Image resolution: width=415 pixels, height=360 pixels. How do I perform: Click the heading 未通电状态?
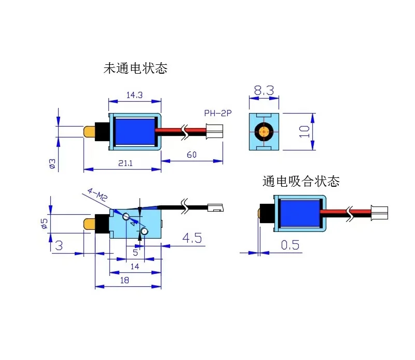(x=135, y=68)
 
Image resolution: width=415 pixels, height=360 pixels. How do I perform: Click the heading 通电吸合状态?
(x=301, y=181)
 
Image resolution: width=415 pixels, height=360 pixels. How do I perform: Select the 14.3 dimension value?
(x=134, y=94)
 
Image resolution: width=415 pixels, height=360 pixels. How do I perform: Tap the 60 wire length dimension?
(x=191, y=155)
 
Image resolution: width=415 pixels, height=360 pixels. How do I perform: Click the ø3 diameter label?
(x=52, y=164)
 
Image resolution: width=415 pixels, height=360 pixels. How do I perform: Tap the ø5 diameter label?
(x=45, y=224)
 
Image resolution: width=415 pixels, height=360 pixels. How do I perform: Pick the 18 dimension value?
(x=125, y=280)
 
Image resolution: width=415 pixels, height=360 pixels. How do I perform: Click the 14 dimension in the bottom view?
(x=135, y=267)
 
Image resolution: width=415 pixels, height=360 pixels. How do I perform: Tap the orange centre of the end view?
(x=264, y=131)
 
